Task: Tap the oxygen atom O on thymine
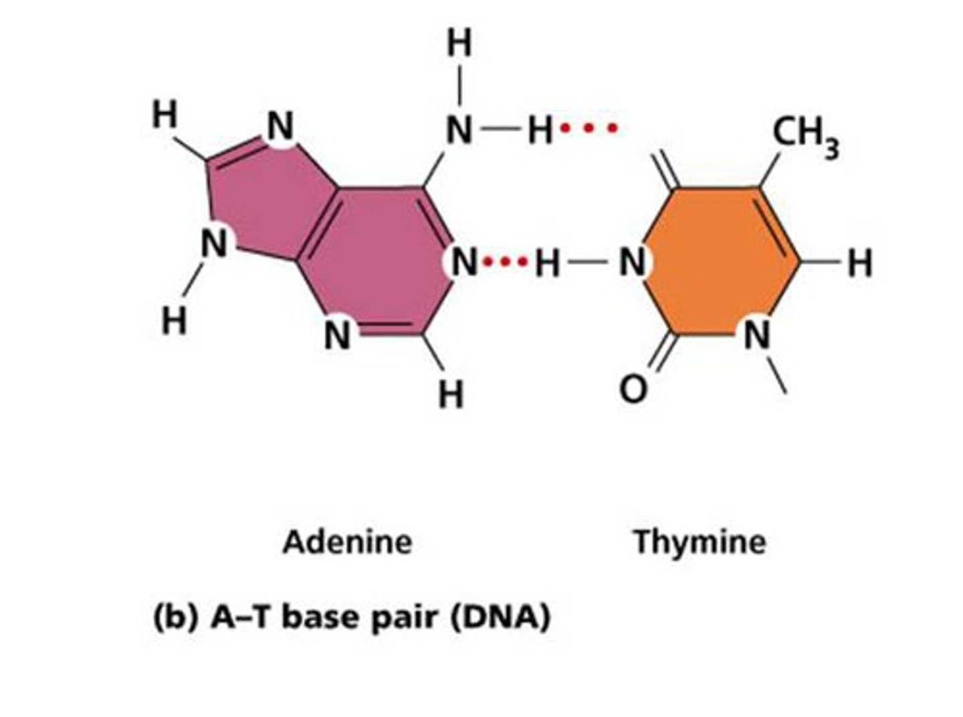pyautogui.click(x=633, y=389)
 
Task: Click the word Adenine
pyautogui.click(x=347, y=541)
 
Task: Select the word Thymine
pyautogui.click(x=700, y=541)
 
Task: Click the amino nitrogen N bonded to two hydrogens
pyautogui.click(x=459, y=130)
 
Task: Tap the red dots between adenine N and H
pyautogui.click(x=505, y=262)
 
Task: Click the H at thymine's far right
pyautogui.click(x=860, y=263)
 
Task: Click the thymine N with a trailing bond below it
pyautogui.click(x=758, y=334)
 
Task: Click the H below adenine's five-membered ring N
pyautogui.click(x=175, y=322)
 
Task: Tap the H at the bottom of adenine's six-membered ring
pyautogui.click(x=451, y=394)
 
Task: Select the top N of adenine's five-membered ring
pyautogui.click(x=281, y=125)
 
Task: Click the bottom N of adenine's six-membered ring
pyautogui.click(x=337, y=335)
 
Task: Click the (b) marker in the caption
pyautogui.click(x=175, y=617)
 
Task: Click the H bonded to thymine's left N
pyautogui.click(x=548, y=264)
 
